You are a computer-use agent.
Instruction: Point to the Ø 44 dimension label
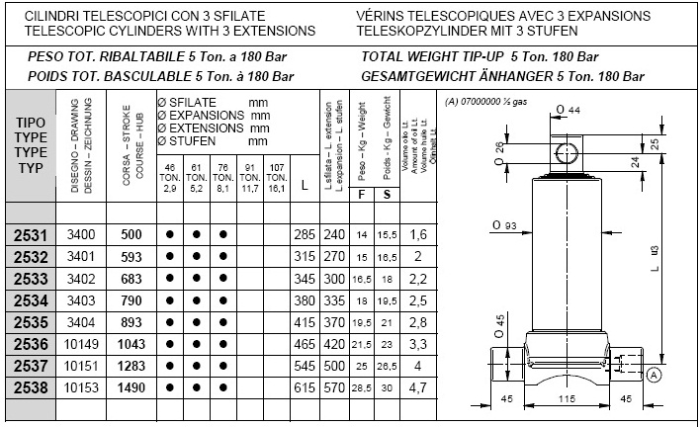pos(567,109)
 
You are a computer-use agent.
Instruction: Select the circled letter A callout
pos(654,375)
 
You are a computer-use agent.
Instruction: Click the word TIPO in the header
pos(32,124)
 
